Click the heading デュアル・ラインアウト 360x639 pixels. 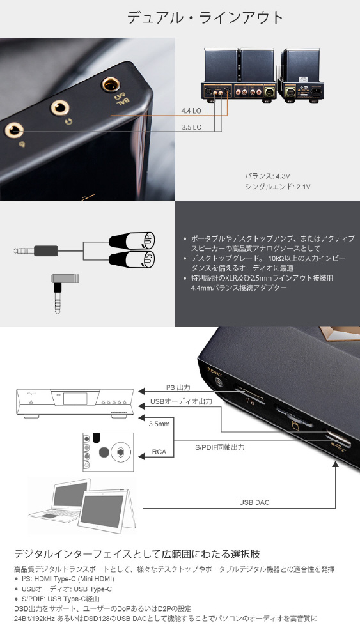click(x=205, y=17)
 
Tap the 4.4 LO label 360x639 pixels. click(x=191, y=111)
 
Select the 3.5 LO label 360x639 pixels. click(x=192, y=127)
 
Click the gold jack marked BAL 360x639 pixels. click(x=110, y=84)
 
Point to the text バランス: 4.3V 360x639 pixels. click(x=267, y=176)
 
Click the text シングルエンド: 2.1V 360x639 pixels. click(x=278, y=187)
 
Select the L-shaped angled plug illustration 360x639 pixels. click(x=65, y=294)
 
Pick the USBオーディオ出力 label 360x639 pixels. click(x=181, y=401)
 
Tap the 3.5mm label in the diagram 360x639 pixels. click(x=159, y=424)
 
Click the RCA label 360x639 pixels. click(x=159, y=452)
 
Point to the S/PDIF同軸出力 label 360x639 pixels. click(x=220, y=447)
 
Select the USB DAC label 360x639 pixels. click(x=254, y=502)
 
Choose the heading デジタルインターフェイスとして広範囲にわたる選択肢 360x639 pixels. click(x=137, y=554)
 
